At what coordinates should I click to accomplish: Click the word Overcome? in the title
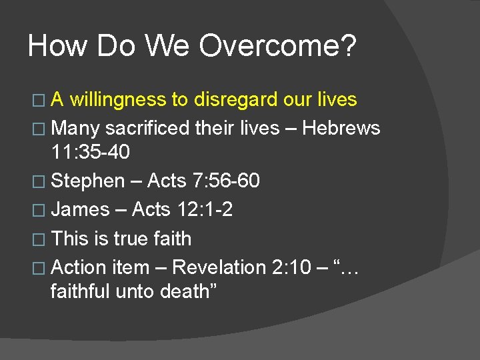pos(277,46)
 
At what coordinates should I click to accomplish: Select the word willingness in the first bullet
pos(118,100)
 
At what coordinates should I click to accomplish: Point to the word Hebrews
pos(341,128)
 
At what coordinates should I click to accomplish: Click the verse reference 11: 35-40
pos(91,152)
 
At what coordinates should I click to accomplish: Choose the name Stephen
pos(88,181)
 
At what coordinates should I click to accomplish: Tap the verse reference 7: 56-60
pos(225,181)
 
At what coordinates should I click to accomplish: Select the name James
pos(80,209)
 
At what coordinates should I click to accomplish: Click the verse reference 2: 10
pos(291,267)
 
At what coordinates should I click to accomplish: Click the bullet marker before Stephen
pos(43,181)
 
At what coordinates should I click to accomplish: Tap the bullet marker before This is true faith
pos(43,239)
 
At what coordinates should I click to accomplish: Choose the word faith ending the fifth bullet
pos(172,239)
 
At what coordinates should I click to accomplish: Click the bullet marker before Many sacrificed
pos(43,129)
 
